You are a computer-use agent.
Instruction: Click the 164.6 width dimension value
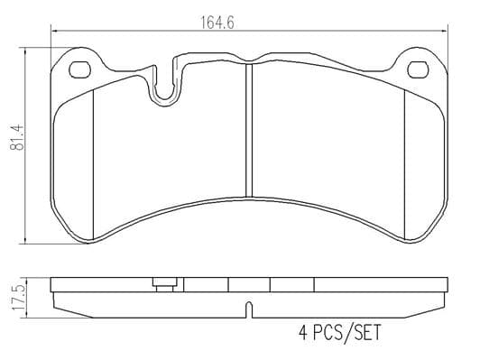(217, 23)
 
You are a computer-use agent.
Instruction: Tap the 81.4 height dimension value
(17, 137)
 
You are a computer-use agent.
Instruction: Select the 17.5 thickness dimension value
(18, 298)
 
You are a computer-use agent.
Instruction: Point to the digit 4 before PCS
(303, 332)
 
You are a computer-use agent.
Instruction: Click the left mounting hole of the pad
(80, 69)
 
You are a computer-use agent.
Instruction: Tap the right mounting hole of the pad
(418, 69)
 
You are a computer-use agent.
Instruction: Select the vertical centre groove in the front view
(250, 130)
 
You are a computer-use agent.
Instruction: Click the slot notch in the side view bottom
(250, 309)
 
